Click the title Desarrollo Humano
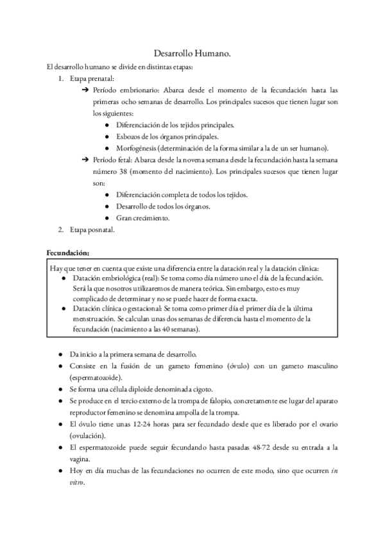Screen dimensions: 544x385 [193, 55]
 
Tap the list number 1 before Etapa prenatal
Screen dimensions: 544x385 [60, 79]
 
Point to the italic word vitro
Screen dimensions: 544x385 [78, 482]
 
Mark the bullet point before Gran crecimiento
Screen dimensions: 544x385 [107, 217]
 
